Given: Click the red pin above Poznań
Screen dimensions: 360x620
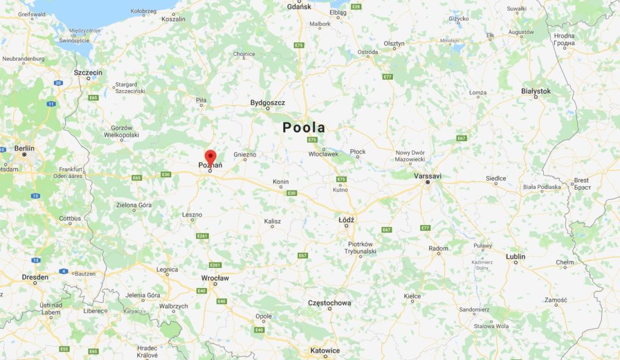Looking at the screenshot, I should click(x=210, y=157).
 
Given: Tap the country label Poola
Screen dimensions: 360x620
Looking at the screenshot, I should click(x=303, y=128).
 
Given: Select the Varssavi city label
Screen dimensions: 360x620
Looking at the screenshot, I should click(x=427, y=175).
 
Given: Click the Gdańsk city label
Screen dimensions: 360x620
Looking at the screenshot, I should click(x=300, y=7).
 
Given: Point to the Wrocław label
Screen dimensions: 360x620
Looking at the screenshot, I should click(x=215, y=278).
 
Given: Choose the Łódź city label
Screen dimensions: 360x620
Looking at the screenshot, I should click(x=346, y=220).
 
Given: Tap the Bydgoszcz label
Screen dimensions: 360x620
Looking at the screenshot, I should click(x=268, y=103).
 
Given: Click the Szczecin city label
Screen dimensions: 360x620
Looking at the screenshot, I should click(x=88, y=72).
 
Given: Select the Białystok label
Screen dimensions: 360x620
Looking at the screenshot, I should click(x=536, y=91).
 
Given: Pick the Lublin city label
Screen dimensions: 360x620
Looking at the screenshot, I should click(x=516, y=257).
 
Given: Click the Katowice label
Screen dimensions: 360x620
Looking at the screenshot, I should click(x=325, y=350).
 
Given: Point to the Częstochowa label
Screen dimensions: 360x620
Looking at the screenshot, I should click(x=329, y=303).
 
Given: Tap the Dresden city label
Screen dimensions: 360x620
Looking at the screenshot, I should click(x=35, y=277).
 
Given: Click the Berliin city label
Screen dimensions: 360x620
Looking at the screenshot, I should click(x=24, y=148).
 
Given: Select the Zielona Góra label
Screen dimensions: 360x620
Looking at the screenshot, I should click(x=134, y=205).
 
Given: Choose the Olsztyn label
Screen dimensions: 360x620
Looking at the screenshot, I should click(x=394, y=44).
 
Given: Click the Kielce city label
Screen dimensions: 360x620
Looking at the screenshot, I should click(x=412, y=296).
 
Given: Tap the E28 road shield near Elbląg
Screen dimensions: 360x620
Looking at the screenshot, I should click(x=356, y=7).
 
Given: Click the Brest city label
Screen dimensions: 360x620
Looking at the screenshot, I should click(x=581, y=180).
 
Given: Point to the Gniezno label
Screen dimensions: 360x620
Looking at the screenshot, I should click(x=245, y=154).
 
